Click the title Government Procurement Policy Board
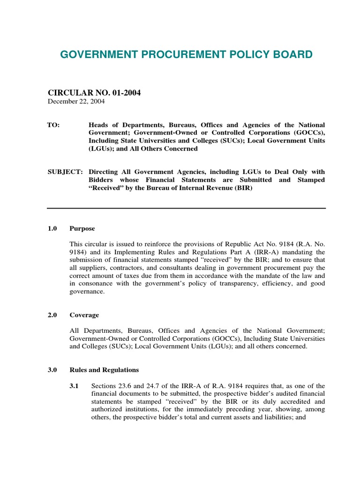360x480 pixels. (x=186, y=55)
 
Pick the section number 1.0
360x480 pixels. (x=52, y=229)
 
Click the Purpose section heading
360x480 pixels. (x=82, y=229)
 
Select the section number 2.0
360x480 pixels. (x=52, y=315)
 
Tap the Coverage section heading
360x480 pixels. (x=84, y=315)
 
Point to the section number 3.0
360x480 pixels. (x=52, y=370)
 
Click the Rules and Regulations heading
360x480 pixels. (x=104, y=370)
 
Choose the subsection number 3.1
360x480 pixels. (x=74, y=386)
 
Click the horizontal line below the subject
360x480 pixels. (x=186, y=208)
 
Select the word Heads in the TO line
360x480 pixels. (x=99, y=125)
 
